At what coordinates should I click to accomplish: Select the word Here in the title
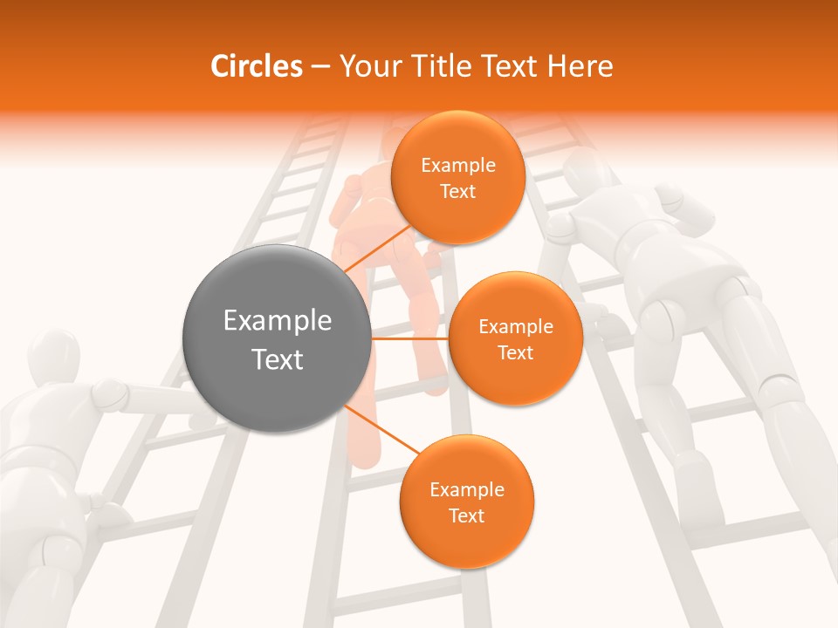coord(580,66)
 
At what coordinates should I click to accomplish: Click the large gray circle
coord(277,338)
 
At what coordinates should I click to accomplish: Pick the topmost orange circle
coord(457,177)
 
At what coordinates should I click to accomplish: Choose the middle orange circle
coord(515,338)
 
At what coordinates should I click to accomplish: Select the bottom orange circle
coord(466,502)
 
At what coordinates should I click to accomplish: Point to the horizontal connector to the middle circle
coord(410,338)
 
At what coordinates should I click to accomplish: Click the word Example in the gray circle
coord(277,321)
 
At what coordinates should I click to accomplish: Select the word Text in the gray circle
coord(277,358)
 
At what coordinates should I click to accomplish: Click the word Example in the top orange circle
coord(457,165)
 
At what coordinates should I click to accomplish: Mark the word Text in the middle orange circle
coord(515,352)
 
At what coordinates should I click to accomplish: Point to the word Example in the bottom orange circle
coord(466,489)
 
